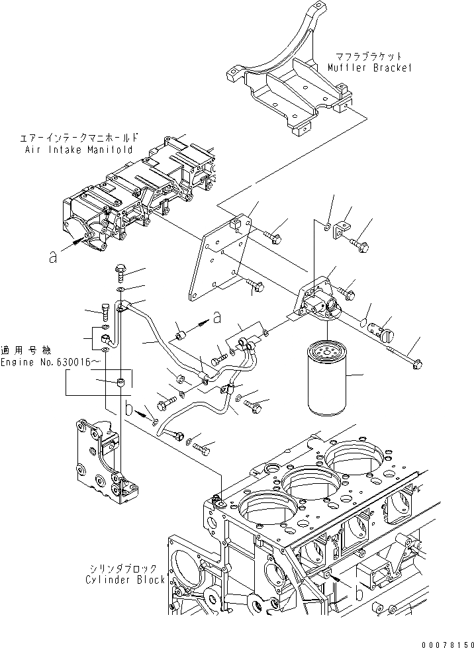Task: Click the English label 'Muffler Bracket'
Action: pyautogui.click(x=369, y=68)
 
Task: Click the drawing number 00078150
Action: pyautogui.click(x=447, y=641)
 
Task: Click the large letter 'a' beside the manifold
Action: pyautogui.click(x=53, y=258)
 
